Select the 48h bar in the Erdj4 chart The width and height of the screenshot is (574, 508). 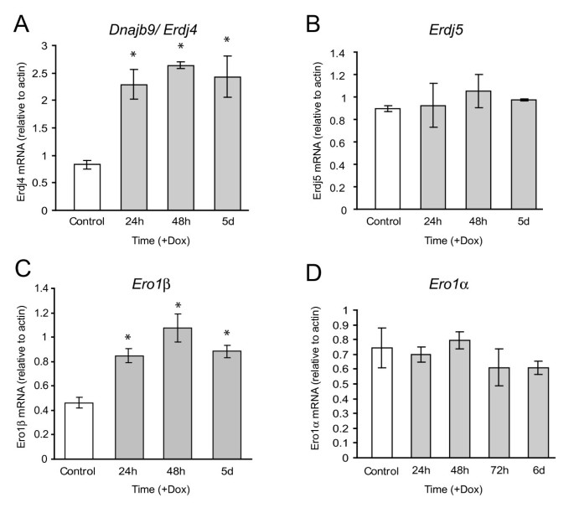tap(180, 137)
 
